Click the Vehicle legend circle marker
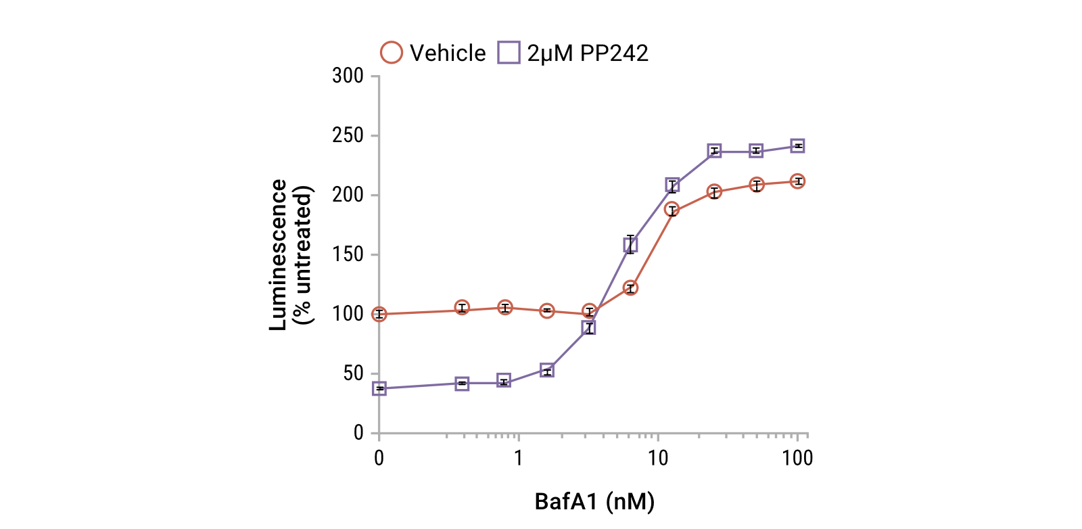coord(392,53)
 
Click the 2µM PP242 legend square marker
coord(509,53)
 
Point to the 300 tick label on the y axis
coord(348,76)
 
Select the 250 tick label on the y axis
coord(348,135)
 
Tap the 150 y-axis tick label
coord(348,254)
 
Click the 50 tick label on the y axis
coord(353,373)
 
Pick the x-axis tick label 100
coord(797,459)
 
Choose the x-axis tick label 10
coord(658,459)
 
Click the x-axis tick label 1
coord(518,459)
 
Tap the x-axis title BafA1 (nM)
coord(594,501)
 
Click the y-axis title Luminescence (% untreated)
coord(291,254)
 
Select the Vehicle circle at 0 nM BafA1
coord(379,314)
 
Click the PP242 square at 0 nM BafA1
coord(379,388)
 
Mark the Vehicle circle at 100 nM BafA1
coord(798,181)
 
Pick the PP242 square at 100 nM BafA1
coord(798,146)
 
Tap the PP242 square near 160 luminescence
coord(630,244)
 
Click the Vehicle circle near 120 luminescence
coord(630,288)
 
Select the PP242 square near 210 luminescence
coord(672,185)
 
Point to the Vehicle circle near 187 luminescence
coord(672,209)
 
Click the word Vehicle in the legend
coord(448,53)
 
